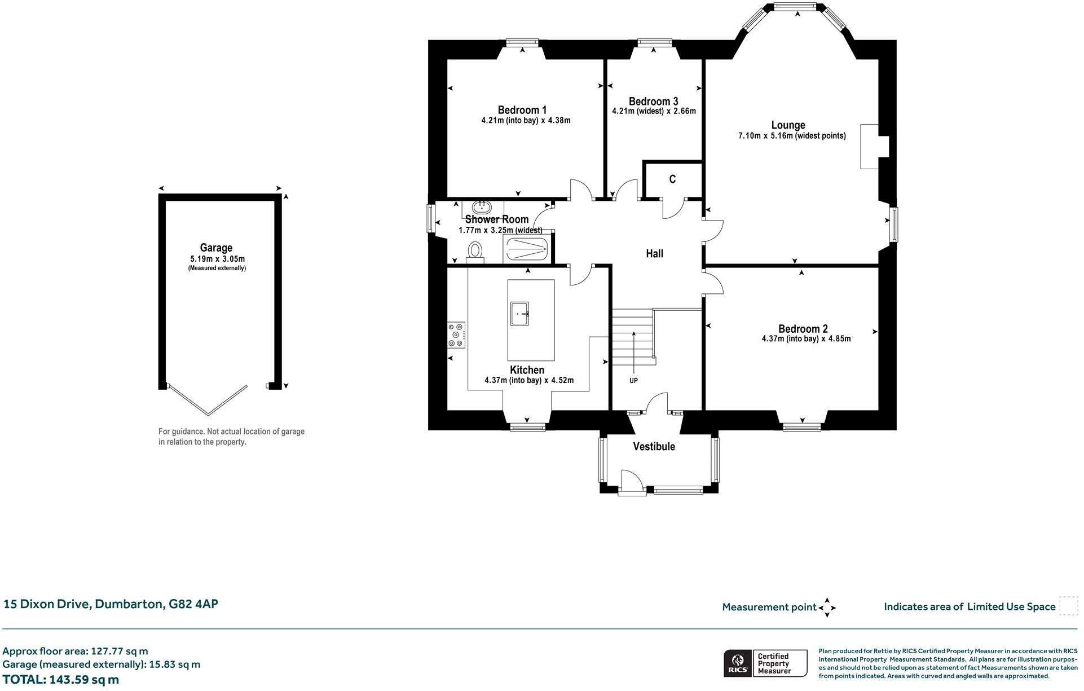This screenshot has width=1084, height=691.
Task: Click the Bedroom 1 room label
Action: [522, 110]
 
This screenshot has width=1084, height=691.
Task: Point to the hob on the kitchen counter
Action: [456, 335]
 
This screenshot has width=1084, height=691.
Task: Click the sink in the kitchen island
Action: [520, 314]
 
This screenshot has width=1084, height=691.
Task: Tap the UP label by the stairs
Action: [633, 381]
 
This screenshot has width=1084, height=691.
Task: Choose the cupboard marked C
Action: [672, 179]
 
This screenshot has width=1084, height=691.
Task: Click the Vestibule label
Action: [654, 447]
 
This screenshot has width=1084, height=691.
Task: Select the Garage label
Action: [216, 248]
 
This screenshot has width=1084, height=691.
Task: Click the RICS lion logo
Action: [738, 663]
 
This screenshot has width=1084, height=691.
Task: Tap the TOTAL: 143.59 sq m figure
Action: [60, 680]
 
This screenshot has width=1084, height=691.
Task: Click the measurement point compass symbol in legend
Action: [827, 608]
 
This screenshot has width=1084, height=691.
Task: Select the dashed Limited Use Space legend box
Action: [1069, 606]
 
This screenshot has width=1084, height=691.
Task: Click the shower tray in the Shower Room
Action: [526, 249]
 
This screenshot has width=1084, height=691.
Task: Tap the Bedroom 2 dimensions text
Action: [806, 339]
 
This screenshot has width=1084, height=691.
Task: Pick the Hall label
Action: [654, 254]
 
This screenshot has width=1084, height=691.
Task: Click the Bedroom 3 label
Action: [653, 102]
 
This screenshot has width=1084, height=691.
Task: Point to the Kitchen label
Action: [527, 370]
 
